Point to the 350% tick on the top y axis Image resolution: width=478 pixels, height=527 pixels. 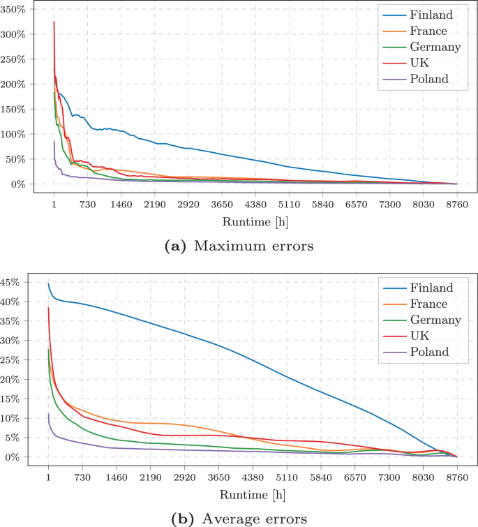[x=16, y=10]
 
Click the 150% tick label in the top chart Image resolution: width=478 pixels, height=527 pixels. [x=16, y=110]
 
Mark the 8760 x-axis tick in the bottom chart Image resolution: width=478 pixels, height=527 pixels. [x=456, y=479]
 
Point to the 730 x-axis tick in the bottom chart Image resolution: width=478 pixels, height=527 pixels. [x=82, y=479]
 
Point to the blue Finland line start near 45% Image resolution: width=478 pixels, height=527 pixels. [x=48, y=284]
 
